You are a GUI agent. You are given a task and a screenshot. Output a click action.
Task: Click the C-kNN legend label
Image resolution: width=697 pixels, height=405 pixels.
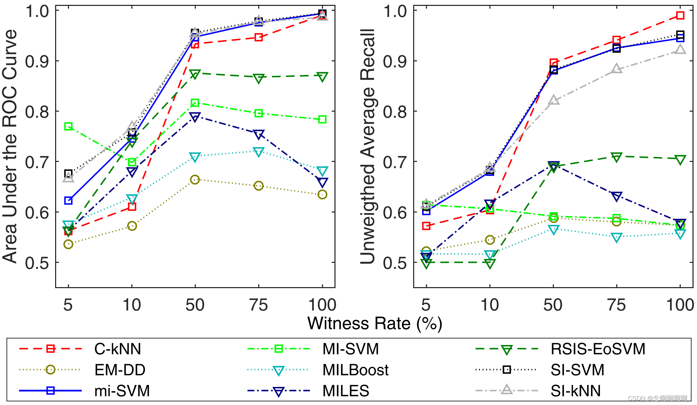click(117, 349)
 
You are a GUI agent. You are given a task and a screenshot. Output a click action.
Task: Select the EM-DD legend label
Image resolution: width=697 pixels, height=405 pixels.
click(120, 370)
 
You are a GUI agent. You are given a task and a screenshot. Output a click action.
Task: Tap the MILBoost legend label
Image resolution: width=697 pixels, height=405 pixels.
click(355, 370)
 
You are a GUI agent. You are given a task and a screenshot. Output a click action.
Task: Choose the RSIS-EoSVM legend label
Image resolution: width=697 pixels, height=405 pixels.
click(598, 349)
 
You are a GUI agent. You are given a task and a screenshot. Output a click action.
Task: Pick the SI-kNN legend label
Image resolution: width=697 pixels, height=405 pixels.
click(576, 391)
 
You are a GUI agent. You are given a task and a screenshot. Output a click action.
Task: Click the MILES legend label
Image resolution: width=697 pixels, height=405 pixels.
click(346, 391)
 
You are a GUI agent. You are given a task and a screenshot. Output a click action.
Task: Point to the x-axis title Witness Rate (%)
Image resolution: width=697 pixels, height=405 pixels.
click(375, 324)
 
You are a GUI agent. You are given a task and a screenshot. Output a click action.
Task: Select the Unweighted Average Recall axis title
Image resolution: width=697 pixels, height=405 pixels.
click(368, 146)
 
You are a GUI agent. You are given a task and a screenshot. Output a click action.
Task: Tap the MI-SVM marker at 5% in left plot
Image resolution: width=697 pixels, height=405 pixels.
click(68, 126)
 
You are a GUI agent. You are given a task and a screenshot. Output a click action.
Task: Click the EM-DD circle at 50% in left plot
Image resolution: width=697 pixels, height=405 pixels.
click(195, 180)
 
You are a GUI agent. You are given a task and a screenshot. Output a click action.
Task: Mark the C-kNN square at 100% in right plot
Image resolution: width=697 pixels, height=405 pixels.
click(680, 16)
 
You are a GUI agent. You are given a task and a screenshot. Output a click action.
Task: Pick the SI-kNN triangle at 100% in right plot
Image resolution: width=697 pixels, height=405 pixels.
click(680, 50)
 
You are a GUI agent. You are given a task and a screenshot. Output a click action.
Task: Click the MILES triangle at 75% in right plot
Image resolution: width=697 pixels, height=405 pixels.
click(617, 197)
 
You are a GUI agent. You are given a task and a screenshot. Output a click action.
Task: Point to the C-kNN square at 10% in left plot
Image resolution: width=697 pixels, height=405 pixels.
click(132, 207)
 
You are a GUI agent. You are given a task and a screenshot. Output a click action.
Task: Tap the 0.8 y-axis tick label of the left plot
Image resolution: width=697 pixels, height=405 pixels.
click(37, 112)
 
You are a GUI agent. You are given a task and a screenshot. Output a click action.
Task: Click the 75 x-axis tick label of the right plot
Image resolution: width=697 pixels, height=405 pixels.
click(617, 305)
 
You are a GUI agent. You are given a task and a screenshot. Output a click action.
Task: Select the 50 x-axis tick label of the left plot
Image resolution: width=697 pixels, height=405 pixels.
click(195, 305)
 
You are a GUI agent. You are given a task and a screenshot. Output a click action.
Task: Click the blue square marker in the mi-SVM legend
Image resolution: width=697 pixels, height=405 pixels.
click(51, 391)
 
